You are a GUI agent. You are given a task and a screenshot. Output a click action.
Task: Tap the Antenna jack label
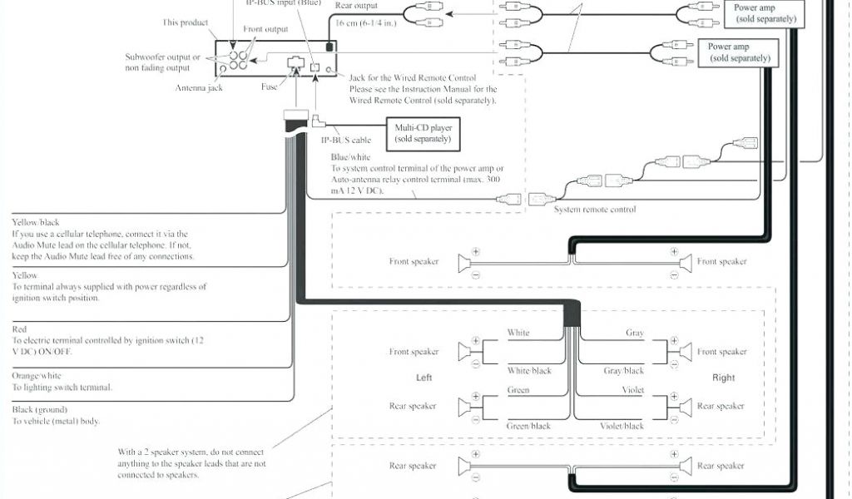199,87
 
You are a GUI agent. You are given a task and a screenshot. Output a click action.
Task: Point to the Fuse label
269,86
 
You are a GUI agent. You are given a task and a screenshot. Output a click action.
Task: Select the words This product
185,22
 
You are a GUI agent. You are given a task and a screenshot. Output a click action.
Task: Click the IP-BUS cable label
346,140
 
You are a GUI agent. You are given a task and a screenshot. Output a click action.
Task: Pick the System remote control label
595,210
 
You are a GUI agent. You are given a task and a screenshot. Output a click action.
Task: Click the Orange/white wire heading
37,376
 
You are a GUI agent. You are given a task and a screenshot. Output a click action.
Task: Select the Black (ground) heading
40,410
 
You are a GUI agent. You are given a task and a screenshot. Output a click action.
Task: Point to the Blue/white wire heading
350,156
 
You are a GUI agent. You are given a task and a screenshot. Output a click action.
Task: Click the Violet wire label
634,388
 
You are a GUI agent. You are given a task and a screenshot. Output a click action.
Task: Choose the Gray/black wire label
623,371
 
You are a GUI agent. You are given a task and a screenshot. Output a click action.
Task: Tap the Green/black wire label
529,426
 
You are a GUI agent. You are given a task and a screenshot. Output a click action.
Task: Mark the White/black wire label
529,371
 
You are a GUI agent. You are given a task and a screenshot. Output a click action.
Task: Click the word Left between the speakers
424,378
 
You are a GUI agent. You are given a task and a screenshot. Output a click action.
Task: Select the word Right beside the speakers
723,378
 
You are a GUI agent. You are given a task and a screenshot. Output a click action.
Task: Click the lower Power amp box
739,52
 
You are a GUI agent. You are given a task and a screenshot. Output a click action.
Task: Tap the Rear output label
357,5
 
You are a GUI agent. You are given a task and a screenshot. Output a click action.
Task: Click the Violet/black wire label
622,426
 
